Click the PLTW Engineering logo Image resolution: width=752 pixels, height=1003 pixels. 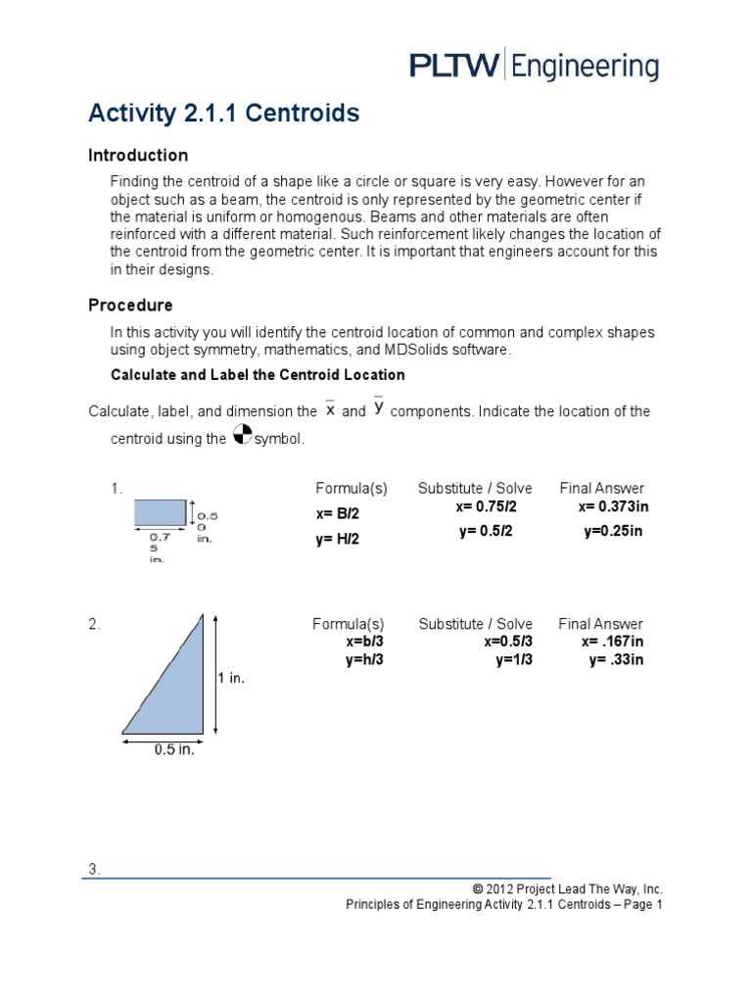(x=533, y=67)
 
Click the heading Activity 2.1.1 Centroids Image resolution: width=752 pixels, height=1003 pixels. (x=223, y=115)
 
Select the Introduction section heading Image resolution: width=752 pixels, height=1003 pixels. (x=138, y=155)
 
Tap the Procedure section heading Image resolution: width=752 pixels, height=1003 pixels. (x=130, y=306)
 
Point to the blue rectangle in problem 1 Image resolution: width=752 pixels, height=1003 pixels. (x=160, y=512)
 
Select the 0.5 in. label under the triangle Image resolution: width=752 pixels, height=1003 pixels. (x=174, y=750)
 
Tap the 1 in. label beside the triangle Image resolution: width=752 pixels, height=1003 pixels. (x=229, y=678)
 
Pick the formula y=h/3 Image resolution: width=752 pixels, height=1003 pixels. (x=363, y=659)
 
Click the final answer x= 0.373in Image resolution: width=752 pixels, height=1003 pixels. (x=613, y=506)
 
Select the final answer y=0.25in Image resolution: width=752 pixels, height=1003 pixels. (x=613, y=531)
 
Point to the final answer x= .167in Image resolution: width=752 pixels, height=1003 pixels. (x=612, y=642)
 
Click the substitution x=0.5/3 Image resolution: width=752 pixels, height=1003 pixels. (x=508, y=642)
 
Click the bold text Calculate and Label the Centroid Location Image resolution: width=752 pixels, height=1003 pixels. (x=258, y=375)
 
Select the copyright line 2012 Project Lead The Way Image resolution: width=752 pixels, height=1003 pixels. (x=567, y=888)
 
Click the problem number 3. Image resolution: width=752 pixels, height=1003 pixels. (x=94, y=869)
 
